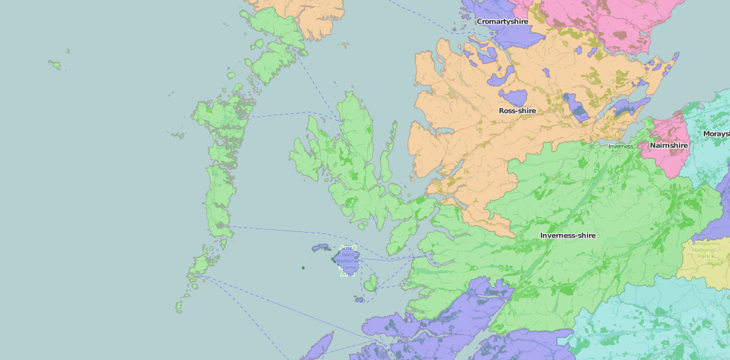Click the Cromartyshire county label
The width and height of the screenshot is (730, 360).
click(x=502, y=21)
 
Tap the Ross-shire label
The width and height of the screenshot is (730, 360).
click(x=517, y=111)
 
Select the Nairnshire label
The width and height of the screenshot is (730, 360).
click(x=669, y=145)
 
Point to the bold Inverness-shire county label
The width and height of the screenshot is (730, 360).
click(x=568, y=235)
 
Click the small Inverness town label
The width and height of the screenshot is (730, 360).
click(x=620, y=147)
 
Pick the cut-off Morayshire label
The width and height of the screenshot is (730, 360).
click(x=716, y=134)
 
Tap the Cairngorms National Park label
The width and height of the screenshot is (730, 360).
click(x=704, y=248)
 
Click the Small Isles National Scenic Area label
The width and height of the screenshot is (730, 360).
click(x=348, y=260)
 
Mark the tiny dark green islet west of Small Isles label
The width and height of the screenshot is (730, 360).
click(x=303, y=268)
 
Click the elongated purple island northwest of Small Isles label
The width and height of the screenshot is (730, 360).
click(x=320, y=248)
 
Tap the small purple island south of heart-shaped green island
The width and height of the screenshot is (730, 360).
click(x=360, y=300)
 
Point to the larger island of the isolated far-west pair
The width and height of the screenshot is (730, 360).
click(x=54, y=65)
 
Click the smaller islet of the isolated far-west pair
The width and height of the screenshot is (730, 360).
click(x=68, y=51)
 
